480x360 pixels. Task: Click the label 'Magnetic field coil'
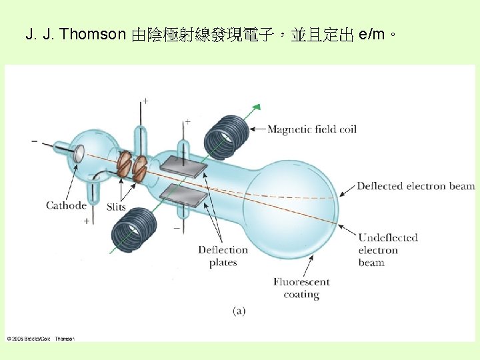click(x=312, y=129)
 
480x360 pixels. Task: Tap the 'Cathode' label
click(x=66, y=205)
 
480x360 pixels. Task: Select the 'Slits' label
click(x=116, y=207)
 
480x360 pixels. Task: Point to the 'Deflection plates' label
click(x=223, y=256)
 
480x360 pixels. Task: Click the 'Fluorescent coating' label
click(x=301, y=288)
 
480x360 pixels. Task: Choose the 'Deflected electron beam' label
click(x=415, y=187)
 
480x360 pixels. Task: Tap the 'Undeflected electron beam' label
click(x=388, y=250)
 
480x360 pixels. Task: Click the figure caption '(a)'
click(x=239, y=311)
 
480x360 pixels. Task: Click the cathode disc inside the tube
click(x=78, y=154)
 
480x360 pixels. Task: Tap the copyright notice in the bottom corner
click(x=41, y=339)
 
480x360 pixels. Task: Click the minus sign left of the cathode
click(x=35, y=141)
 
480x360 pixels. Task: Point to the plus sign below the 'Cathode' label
click(x=86, y=221)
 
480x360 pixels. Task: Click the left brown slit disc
click(x=123, y=165)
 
